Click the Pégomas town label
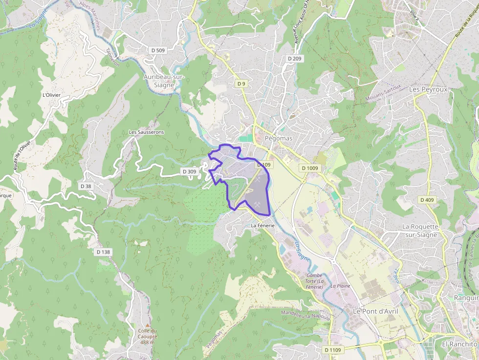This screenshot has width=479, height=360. pos(278,138)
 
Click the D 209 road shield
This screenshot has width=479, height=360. pos(295,59)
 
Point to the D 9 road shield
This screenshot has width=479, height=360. pos(241,84)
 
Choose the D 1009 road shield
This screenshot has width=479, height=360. pos(310,168)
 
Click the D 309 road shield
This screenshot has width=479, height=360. pos(189,171)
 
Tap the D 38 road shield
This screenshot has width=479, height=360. pos(86,186)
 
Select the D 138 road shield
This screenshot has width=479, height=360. pos(104,252)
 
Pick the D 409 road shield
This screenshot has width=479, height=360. pos(427,200)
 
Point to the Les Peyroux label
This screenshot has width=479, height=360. pos(428,89)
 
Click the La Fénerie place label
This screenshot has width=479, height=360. pos(263,226)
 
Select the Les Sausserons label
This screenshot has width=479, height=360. pos(146,132)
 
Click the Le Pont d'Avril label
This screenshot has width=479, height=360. pos(373,311)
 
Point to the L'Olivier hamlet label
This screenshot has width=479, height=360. pos(50,95)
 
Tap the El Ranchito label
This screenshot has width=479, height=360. pos(459,344)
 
